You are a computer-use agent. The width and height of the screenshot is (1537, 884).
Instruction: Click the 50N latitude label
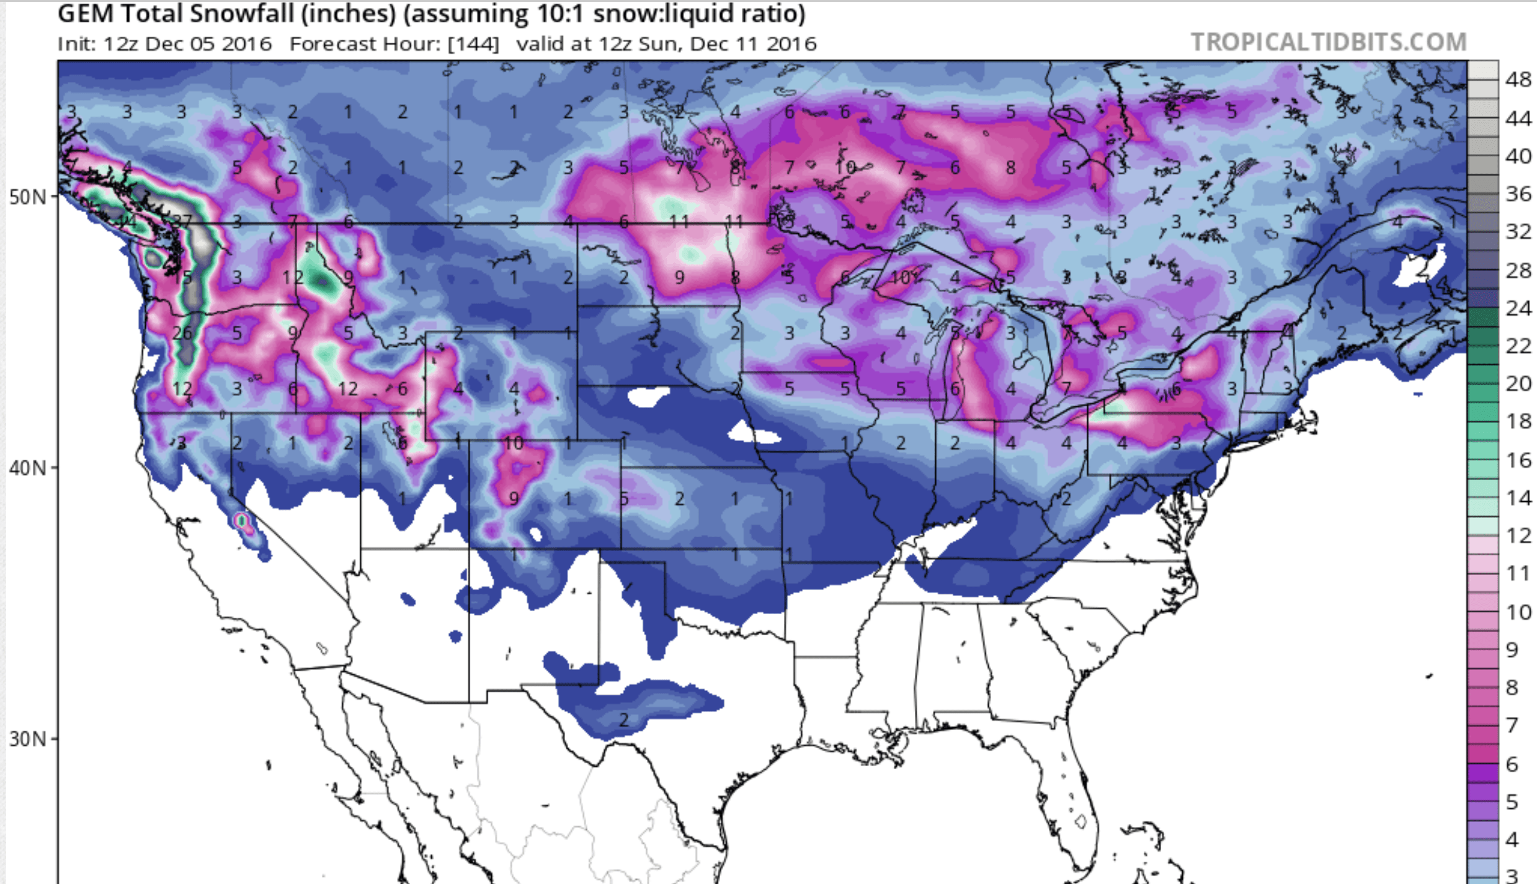point(28,197)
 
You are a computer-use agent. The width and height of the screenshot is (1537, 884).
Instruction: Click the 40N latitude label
point(28,468)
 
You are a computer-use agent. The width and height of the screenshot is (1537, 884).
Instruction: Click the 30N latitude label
point(28,739)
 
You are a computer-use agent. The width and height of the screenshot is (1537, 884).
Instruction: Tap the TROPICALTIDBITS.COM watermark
point(1329,42)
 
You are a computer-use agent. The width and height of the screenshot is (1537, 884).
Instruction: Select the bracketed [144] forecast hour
point(473,44)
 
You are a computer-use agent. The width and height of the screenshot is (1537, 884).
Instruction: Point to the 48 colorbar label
point(1518,79)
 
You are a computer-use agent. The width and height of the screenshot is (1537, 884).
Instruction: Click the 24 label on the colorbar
point(1518,308)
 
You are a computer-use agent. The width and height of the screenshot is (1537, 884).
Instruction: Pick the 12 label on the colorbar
point(1518,535)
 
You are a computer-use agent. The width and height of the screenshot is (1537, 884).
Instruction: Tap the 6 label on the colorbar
point(1512,764)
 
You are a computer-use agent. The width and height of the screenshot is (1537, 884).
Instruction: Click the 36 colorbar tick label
point(1518,194)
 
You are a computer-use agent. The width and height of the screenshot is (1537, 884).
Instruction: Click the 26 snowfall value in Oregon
point(182,333)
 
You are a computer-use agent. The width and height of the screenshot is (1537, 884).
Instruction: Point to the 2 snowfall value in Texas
point(624,720)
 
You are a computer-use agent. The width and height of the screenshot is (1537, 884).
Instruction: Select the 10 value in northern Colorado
point(514,443)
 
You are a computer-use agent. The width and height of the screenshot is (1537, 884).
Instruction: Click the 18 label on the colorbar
point(1518,421)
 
